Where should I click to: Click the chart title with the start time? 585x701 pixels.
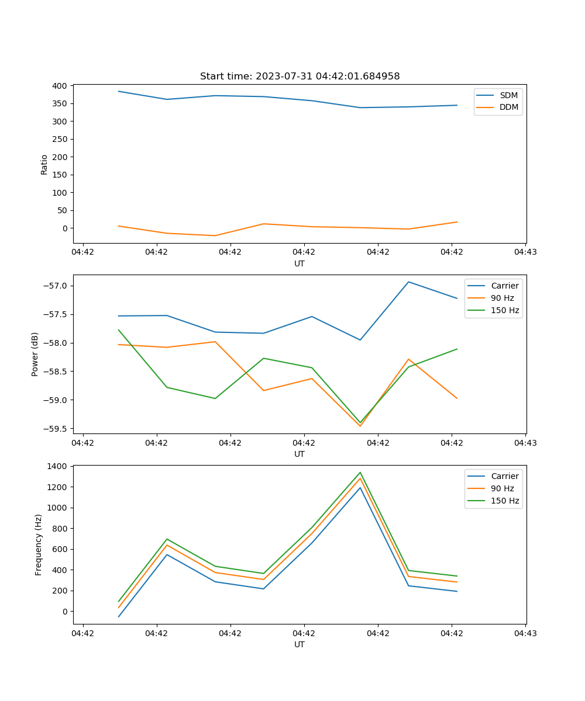(300, 77)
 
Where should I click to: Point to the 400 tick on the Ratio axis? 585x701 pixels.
(59, 86)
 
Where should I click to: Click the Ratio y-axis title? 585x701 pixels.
(44, 164)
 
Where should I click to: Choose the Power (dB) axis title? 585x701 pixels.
(35, 354)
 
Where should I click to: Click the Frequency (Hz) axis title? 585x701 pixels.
(39, 544)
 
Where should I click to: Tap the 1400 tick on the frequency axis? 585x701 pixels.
(59, 466)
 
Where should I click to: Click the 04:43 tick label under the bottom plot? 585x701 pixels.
(525, 633)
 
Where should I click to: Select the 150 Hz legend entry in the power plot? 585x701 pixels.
(505, 310)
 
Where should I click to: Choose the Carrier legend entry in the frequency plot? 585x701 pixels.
(504, 476)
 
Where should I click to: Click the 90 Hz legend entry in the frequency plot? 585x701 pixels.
(502, 488)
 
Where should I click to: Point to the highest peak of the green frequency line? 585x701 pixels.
(360, 473)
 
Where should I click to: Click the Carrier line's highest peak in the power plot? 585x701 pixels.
(408, 282)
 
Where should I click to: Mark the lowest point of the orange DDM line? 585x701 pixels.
(215, 235)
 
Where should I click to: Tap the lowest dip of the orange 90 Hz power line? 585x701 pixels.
(360, 426)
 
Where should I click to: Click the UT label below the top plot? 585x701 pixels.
(300, 263)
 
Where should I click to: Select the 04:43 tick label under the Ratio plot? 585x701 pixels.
(525, 252)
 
